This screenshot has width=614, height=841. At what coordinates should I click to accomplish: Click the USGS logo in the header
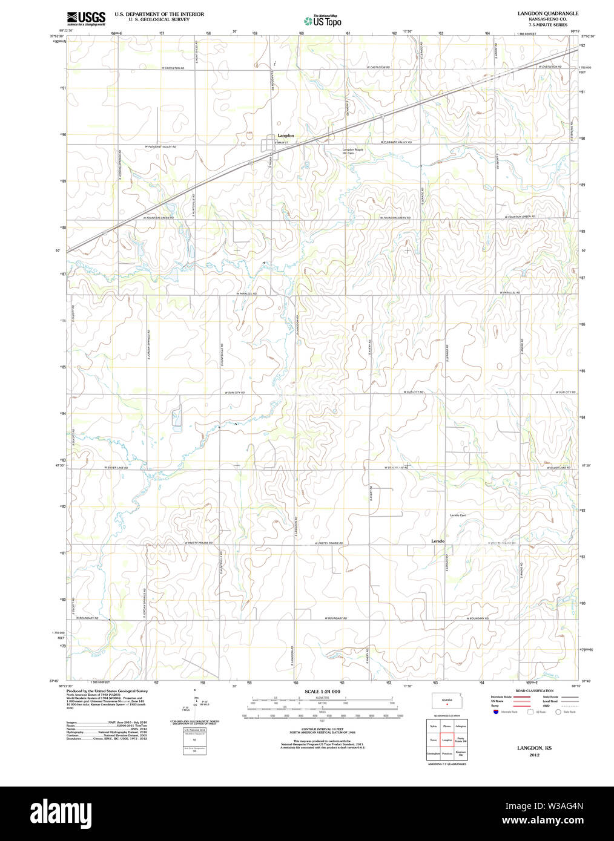coord(85,18)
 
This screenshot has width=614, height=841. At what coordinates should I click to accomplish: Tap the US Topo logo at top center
coord(323,21)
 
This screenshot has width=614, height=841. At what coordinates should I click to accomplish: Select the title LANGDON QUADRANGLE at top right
coord(547,13)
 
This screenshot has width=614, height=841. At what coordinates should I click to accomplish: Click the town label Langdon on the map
coord(286,136)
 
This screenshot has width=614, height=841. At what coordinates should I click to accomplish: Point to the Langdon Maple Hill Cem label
coord(352,151)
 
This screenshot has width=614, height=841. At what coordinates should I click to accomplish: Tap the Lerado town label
coord(438,540)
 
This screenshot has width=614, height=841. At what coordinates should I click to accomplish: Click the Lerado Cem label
coord(458,515)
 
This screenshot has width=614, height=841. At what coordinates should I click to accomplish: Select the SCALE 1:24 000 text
coord(322,691)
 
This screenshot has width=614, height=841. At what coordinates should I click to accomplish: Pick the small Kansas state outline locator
coord(447,701)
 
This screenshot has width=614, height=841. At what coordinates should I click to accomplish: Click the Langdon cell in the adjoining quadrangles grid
coord(447,740)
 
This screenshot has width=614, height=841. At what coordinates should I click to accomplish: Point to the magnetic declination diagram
coord(194,704)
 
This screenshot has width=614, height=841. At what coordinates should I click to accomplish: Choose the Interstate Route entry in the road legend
coord(501,697)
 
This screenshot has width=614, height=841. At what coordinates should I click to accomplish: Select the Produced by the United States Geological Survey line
coord(107,691)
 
